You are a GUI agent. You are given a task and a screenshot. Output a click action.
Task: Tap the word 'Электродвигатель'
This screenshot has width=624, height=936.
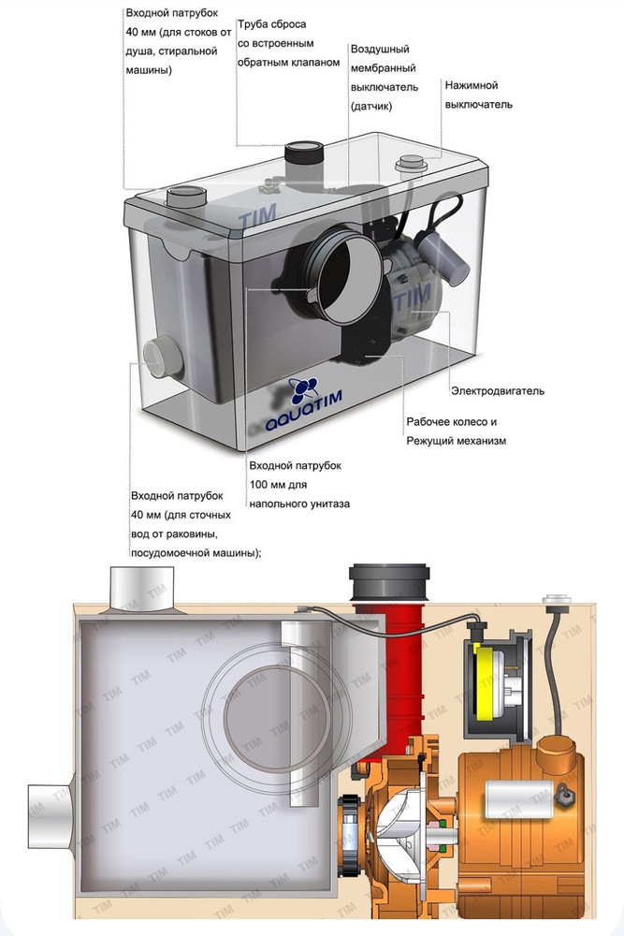point(497,390)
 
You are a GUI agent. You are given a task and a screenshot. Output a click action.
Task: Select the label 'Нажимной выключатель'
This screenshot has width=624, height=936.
point(478,95)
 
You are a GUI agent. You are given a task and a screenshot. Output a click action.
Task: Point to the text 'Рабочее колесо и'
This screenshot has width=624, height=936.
point(451,421)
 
